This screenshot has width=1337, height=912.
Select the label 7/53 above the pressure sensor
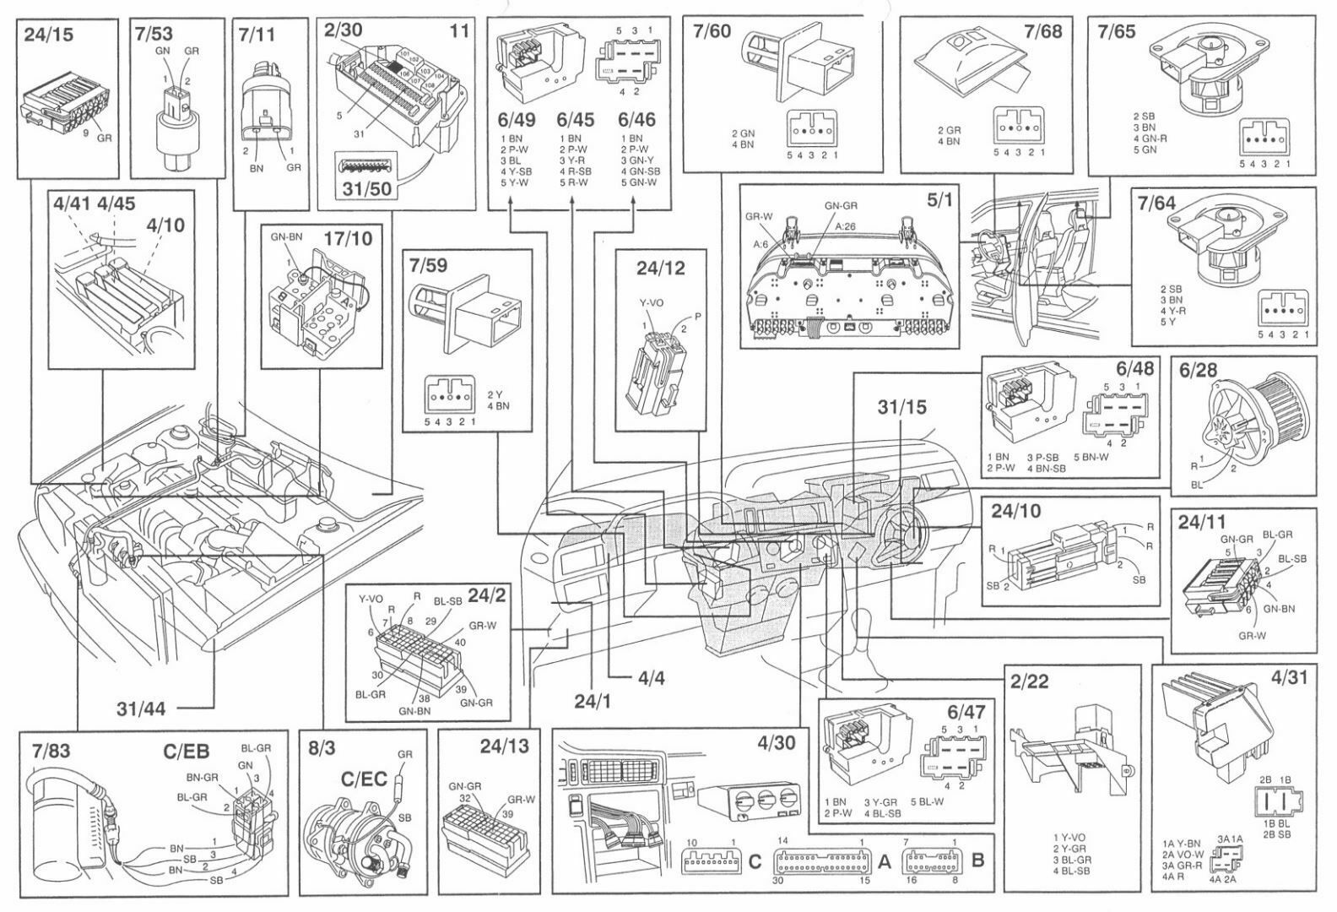[x=153, y=35]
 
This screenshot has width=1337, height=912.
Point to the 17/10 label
[x=347, y=238]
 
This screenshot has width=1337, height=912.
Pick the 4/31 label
[x=1285, y=677]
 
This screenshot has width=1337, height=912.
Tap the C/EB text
[x=186, y=749]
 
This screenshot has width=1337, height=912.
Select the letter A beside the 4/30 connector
[x=885, y=861]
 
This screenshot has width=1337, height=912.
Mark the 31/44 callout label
[x=141, y=708]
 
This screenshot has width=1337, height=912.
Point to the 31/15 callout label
[x=902, y=407]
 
